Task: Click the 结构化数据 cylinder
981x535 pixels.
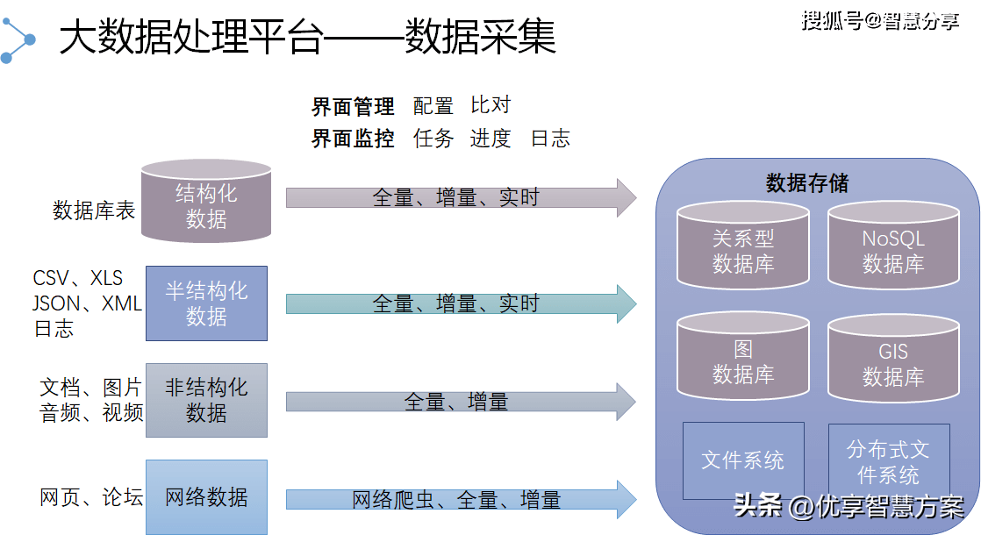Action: [206, 203]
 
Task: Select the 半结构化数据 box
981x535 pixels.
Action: [206, 303]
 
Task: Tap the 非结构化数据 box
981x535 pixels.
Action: [206, 400]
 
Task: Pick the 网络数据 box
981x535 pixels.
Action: [206, 497]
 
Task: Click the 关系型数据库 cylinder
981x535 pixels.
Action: [743, 247]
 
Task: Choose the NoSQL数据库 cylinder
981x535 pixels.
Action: [892, 247]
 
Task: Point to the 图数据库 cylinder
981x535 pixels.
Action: [743, 360]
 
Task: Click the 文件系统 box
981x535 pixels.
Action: [743, 460]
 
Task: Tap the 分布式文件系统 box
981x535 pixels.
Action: [888, 462]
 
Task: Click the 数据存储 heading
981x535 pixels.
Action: [807, 182]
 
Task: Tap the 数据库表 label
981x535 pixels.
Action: [94, 210]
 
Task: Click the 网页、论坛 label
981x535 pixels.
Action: [91, 497]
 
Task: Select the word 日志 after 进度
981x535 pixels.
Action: [550, 138]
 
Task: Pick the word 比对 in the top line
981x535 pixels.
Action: [490, 106]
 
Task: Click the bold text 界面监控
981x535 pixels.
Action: [353, 139]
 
